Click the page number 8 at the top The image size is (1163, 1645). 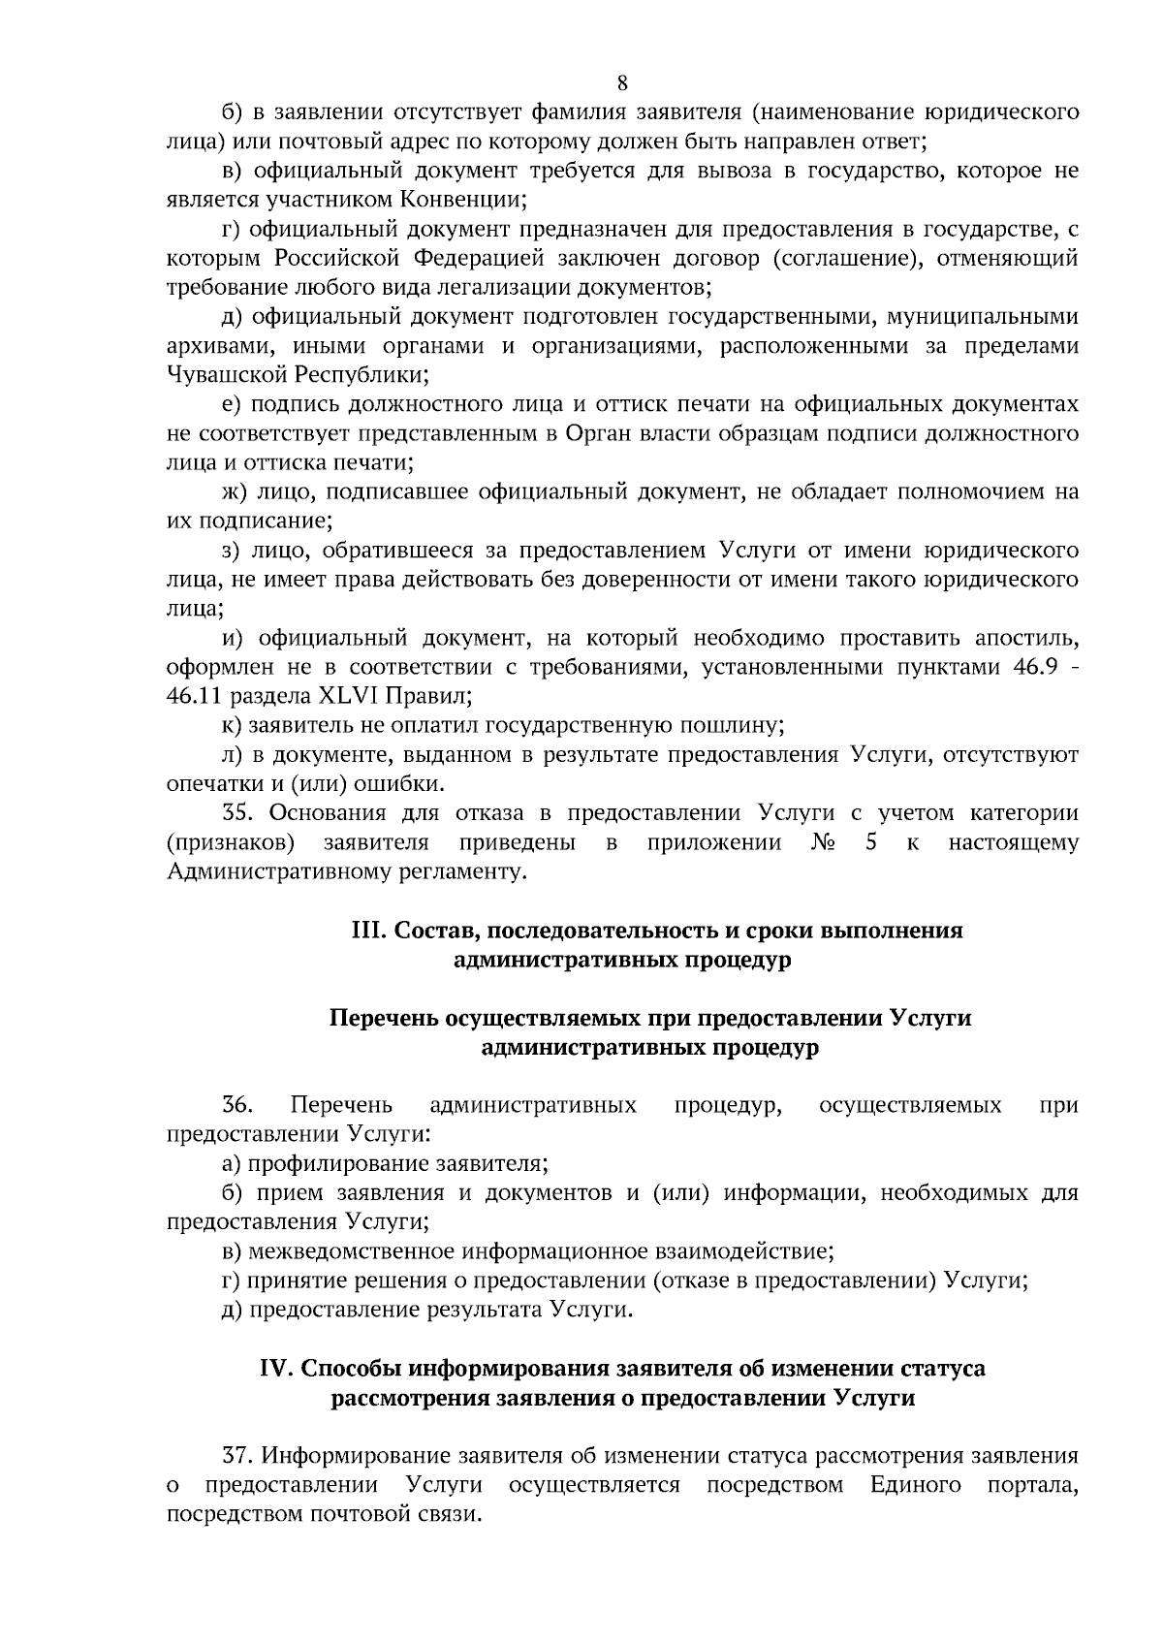pyautogui.click(x=622, y=82)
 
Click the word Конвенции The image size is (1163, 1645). pyautogui.click(x=460, y=201)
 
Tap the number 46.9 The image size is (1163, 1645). pyautogui.click(x=1029, y=667)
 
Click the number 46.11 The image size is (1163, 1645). pyautogui.click(x=193, y=696)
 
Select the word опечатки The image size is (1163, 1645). pyautogui.click(x=210, y=783)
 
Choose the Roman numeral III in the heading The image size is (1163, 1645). pyautogui.click(x=369, y=931)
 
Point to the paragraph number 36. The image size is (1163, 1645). pyautogui.click(x=237, y=1105)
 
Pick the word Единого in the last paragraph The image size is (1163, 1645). pyautogui.click(x=915, y=1485)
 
